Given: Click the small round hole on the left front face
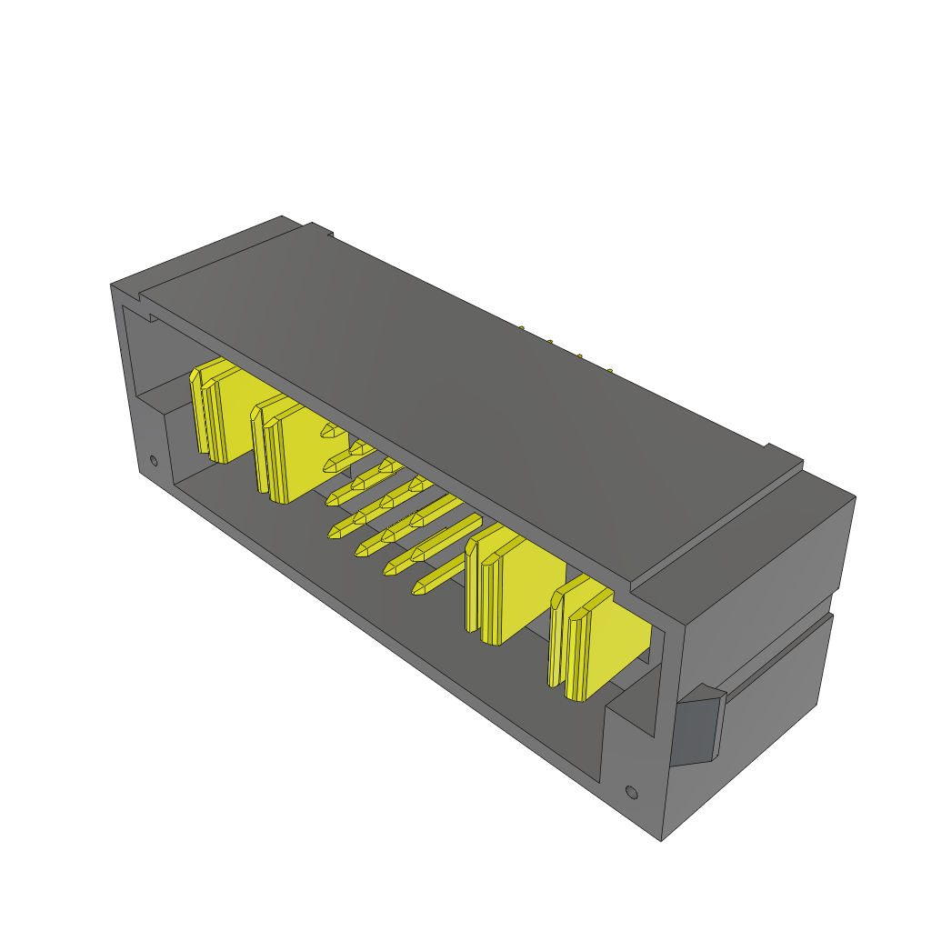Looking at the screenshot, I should [154, 460].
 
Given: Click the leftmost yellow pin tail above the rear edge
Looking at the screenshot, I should [522, 328].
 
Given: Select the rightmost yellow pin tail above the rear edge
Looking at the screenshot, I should [610, 370].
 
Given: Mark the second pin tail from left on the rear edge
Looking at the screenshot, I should [550, 342].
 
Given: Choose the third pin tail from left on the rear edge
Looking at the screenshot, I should [579, 355].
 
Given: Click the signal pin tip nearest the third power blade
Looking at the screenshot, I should [420, 589].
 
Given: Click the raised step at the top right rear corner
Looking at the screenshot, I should [782, 455].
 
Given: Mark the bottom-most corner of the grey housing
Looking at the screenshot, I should [661, 839].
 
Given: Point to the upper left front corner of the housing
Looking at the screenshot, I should [112, 285].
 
